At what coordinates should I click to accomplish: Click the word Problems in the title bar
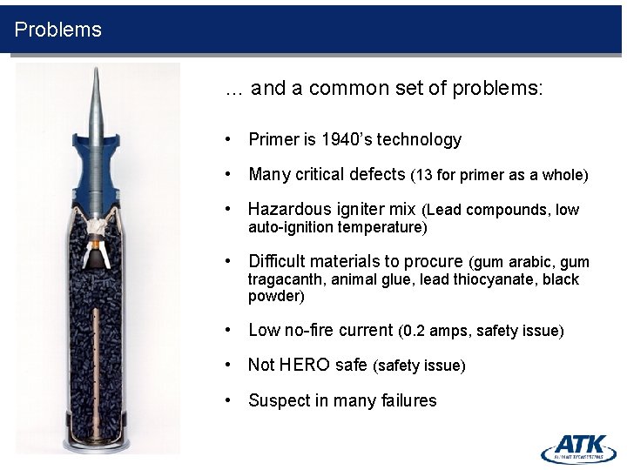[57, 30]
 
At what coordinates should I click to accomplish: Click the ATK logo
[578, 447]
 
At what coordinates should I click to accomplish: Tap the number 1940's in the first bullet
[354, 140]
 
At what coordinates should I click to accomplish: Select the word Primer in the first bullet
[273, 140]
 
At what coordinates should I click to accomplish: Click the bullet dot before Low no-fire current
[227, 331]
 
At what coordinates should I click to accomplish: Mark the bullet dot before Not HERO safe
[227, 366]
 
